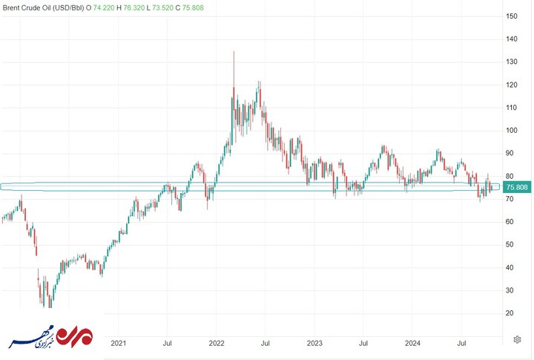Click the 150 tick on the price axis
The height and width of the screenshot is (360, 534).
coord(511,16)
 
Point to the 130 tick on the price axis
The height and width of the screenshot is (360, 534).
coord(511,62)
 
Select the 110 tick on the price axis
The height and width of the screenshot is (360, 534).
coord(511,108)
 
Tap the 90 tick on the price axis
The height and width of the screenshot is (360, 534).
coord(511,154)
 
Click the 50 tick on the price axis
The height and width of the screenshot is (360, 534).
coord(511,244)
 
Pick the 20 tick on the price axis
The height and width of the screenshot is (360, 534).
coord(511,313)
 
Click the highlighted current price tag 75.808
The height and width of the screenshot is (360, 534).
coord(516,187)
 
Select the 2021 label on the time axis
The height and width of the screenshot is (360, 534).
coord(119,343)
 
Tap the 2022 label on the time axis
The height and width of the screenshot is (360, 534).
coord(217,343)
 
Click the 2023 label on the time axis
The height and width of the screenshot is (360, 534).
coord(314,343)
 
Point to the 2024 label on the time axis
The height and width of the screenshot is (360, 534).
coord(413,343)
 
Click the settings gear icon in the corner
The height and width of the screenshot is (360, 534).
coord(516,339)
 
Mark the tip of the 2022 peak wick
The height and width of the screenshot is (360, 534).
coord(234,52)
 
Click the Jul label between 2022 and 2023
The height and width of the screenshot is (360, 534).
coord(266,343)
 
